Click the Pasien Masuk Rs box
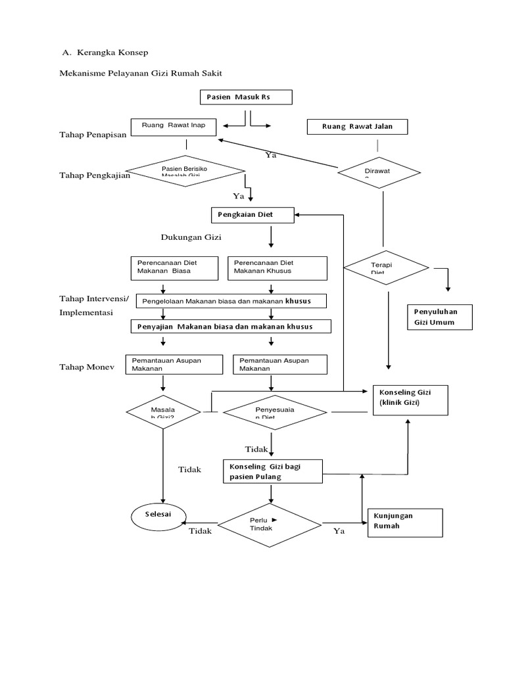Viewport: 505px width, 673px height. point(246,97)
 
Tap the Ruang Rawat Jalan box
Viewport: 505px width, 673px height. point(357,127)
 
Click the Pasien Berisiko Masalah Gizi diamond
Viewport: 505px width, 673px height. point(185,172)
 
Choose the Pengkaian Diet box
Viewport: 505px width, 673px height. point(252,215)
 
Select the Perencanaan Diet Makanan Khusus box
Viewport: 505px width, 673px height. point(277,267)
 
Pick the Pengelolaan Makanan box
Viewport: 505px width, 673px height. point(231,301)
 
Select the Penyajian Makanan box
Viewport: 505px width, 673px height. point(231,327)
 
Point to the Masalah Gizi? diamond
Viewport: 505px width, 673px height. point(163,413)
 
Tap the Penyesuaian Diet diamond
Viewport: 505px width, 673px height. point(275,413)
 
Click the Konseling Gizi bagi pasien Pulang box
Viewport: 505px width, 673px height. point(273,471)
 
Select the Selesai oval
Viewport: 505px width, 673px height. point(158,515)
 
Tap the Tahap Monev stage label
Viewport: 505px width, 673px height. point(87,367)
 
